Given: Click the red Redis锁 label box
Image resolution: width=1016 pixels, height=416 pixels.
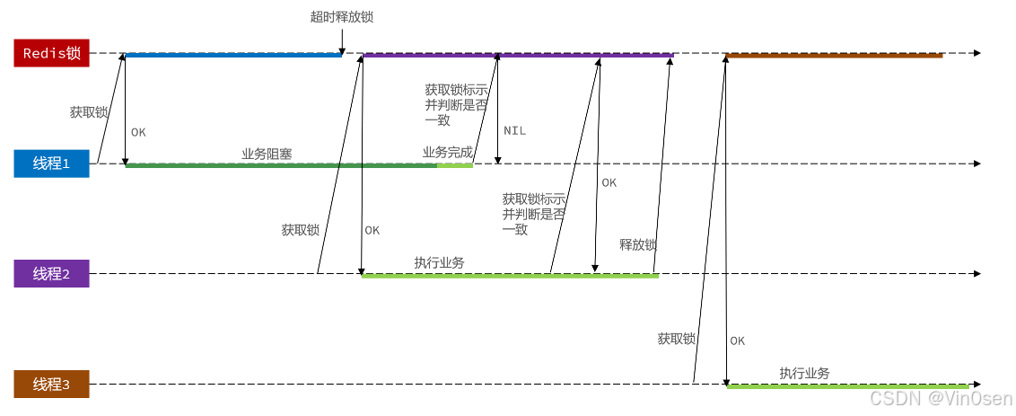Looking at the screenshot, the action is point(51,53).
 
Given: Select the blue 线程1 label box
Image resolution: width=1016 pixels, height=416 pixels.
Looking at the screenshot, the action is point(51,164).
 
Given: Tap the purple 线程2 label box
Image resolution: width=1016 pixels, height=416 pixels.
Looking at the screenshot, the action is point(51,274).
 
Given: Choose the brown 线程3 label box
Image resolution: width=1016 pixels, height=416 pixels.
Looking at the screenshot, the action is point(51,385).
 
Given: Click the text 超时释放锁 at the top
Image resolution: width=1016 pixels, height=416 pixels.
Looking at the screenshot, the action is point(340,17).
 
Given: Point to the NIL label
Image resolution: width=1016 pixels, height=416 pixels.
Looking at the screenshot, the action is point(514,131).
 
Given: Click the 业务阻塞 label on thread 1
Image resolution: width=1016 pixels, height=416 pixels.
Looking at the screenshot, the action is point(267,154).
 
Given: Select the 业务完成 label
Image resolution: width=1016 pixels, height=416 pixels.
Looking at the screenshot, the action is point(447,153).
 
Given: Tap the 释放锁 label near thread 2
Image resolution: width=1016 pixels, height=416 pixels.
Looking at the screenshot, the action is point(638,244).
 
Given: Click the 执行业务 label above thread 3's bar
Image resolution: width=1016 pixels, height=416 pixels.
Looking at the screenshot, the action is point(804,373).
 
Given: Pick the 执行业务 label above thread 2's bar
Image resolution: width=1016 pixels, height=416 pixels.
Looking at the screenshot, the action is point(439,262).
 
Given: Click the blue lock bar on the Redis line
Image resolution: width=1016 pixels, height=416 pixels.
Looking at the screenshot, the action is point(233,55).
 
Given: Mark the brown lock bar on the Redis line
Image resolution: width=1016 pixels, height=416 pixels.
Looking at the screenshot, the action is point(834,55).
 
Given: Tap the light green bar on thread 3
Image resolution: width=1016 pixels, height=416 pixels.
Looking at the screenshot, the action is point(847,386).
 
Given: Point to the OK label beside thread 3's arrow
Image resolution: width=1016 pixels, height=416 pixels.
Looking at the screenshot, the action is point(737,341).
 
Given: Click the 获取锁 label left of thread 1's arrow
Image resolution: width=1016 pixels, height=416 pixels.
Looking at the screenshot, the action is point(88,112).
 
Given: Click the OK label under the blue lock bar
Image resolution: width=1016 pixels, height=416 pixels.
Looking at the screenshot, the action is point(138,132).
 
